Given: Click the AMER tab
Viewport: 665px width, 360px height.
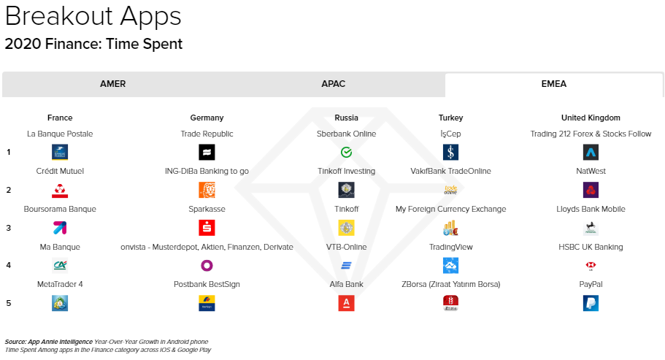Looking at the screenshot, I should [x=112, y=84].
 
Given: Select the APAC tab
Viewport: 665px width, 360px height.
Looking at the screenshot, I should [x=334, y=84].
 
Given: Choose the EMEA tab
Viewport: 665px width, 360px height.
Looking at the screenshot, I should [x=553, y=84].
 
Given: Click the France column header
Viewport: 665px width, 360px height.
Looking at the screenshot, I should [x=60, y=118].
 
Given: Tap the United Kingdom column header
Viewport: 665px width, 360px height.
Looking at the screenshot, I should [x=591, y=118].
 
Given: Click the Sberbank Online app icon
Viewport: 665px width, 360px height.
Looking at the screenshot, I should [x=347, y=153].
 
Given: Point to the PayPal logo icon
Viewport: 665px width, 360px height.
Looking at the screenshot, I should [x=591, y=304].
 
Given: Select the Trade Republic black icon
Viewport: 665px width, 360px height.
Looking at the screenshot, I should [x=207, y=153].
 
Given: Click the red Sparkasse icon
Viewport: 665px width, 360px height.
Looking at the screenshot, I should [x=207, y=228].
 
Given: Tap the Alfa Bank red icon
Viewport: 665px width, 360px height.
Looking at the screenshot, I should [x=347, y=304].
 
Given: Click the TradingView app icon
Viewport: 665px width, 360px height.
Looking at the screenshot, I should [x=450, y=266].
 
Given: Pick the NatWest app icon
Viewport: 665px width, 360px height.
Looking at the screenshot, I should [x=591, y=191].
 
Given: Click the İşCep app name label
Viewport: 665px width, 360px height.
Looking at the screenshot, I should [x=450, y=134].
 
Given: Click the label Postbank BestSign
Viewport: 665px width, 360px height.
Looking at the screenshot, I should [x=207, y=284].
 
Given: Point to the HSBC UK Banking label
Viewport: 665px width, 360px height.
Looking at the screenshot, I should [x=591, y=247].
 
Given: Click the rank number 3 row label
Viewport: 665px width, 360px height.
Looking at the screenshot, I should [x=9, y=228].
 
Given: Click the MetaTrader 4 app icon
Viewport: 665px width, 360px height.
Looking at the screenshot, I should [x=60, y=304].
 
